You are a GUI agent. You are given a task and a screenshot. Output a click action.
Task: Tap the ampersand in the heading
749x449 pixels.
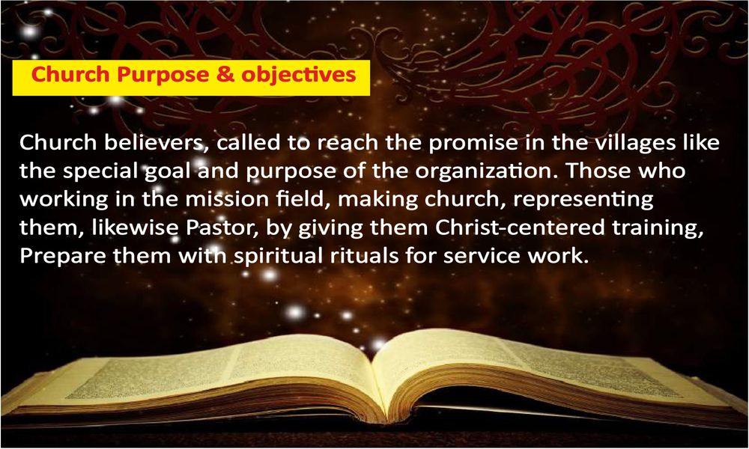coord(225,75)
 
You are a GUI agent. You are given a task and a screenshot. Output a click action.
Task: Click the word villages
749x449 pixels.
coord(632,144)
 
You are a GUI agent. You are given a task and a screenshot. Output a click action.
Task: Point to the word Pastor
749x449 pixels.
coord(222,228)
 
